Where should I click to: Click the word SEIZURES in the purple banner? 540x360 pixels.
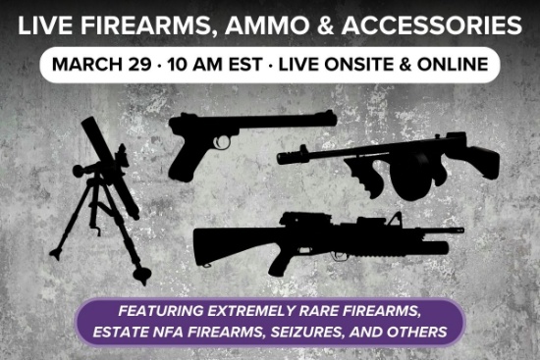tap(312, 332)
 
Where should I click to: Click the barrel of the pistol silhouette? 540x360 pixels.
tap(295, 120)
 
